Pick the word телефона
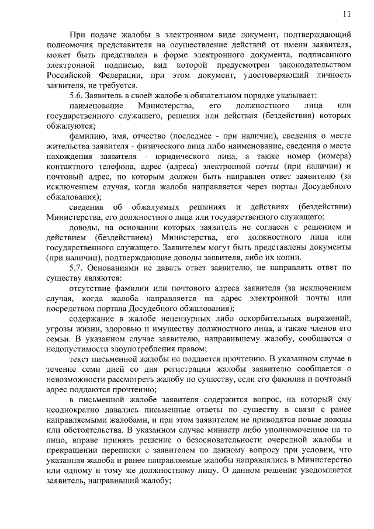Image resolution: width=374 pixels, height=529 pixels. (x=103, y=167)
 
